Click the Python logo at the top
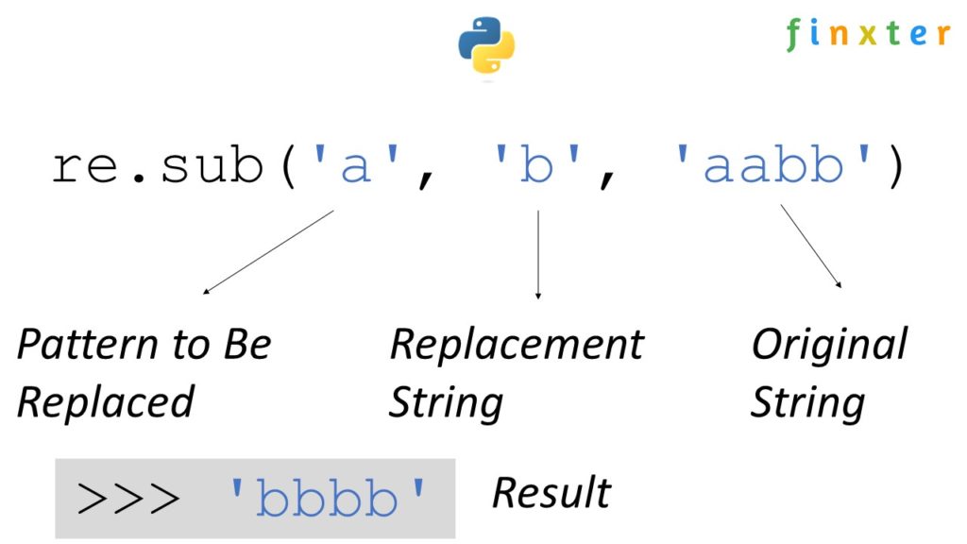486,45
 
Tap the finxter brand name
868,35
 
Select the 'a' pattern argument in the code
354,167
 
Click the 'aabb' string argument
772,167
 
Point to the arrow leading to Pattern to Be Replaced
268,252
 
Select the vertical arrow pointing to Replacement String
538,253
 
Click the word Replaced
105,401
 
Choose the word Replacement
516,345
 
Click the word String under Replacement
446,401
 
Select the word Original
828,345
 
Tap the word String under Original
807,401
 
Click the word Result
551,493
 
